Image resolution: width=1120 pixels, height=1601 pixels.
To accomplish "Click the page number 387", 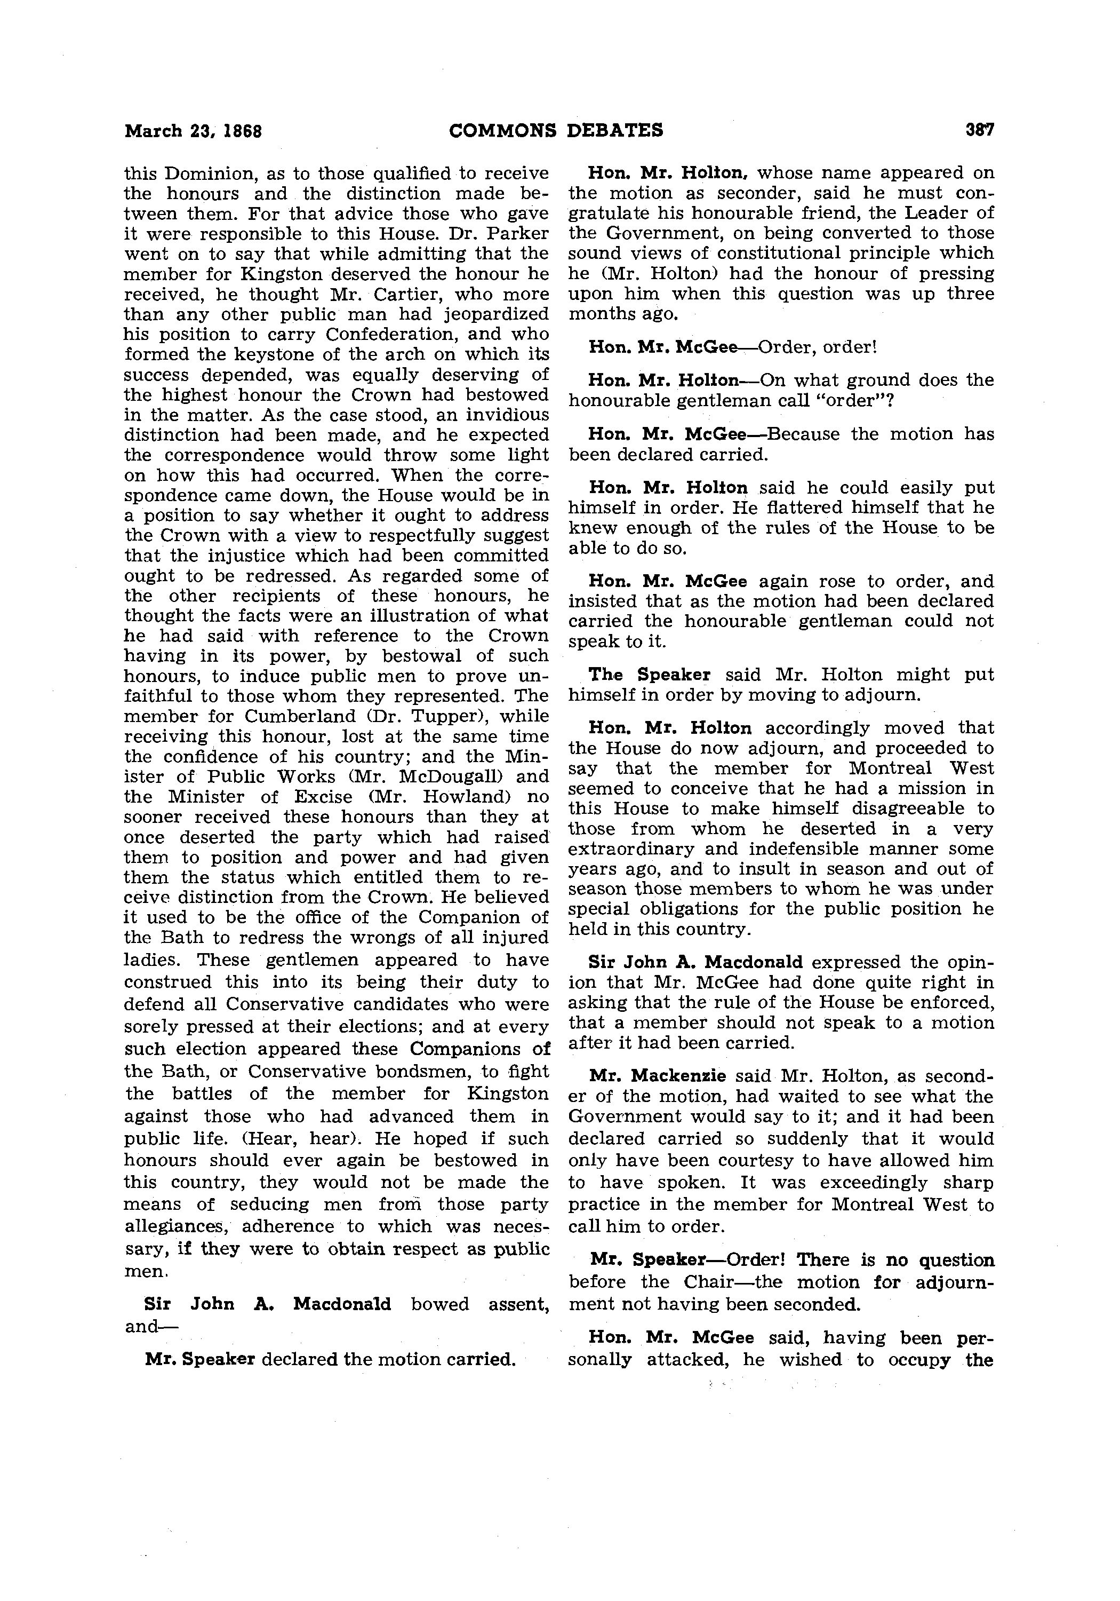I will [979, 130].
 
